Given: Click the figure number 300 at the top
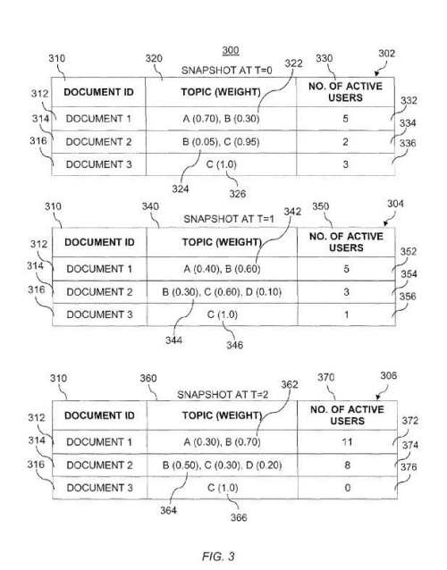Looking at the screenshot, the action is point(231,50).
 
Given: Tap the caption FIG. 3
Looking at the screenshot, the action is point(218,556).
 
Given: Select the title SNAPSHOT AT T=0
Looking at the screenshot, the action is point(226,71).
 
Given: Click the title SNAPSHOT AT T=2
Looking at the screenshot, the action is point(223,394).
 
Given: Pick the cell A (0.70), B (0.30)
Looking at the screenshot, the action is point(221,119).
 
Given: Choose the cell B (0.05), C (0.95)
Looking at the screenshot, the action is point(221,141).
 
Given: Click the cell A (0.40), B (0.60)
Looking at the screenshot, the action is point(222,269).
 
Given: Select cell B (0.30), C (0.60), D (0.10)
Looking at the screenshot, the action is point(222,292).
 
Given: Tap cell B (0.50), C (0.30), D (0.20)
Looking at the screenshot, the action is point(222,465).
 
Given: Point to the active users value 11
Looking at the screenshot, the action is point(347,442).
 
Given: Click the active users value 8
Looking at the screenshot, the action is point(348,465).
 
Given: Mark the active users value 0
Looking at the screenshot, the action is point(348,488).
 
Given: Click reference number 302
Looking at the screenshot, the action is point(386,54).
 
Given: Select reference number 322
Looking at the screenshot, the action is point(293,63).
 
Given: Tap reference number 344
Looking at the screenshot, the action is point(173,340).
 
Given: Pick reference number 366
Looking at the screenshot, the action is point(239,517).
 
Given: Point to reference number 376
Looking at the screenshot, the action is point(409,466).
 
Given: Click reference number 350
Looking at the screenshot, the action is point(320,206).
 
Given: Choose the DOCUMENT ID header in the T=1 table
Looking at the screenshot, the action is point(99,242).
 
